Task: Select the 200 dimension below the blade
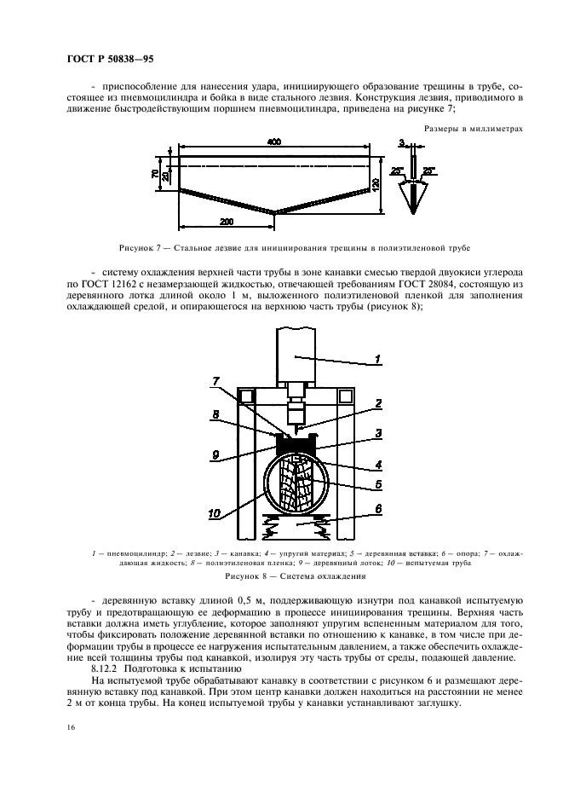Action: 227,221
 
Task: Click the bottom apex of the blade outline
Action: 273,213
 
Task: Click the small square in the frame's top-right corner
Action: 345,396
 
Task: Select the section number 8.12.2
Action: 109,669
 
